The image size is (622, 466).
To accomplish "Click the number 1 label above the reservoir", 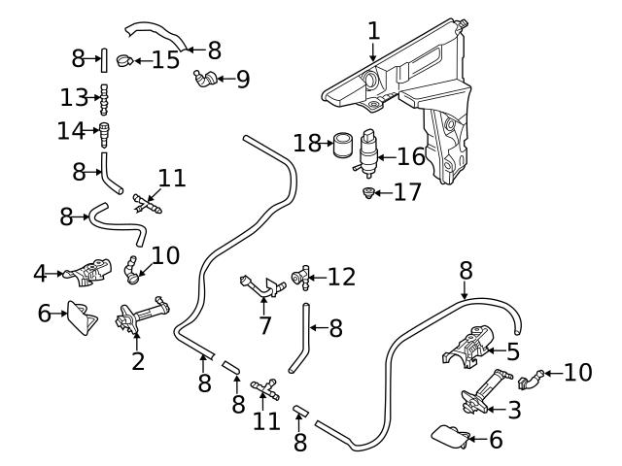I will tap(374, 30).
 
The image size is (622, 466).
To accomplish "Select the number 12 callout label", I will tap(342, 278).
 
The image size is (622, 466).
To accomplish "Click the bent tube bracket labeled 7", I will tap(258, 286).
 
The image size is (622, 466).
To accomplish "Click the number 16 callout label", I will tap(411, 154).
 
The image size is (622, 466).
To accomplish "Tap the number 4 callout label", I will tap(40, 274).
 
